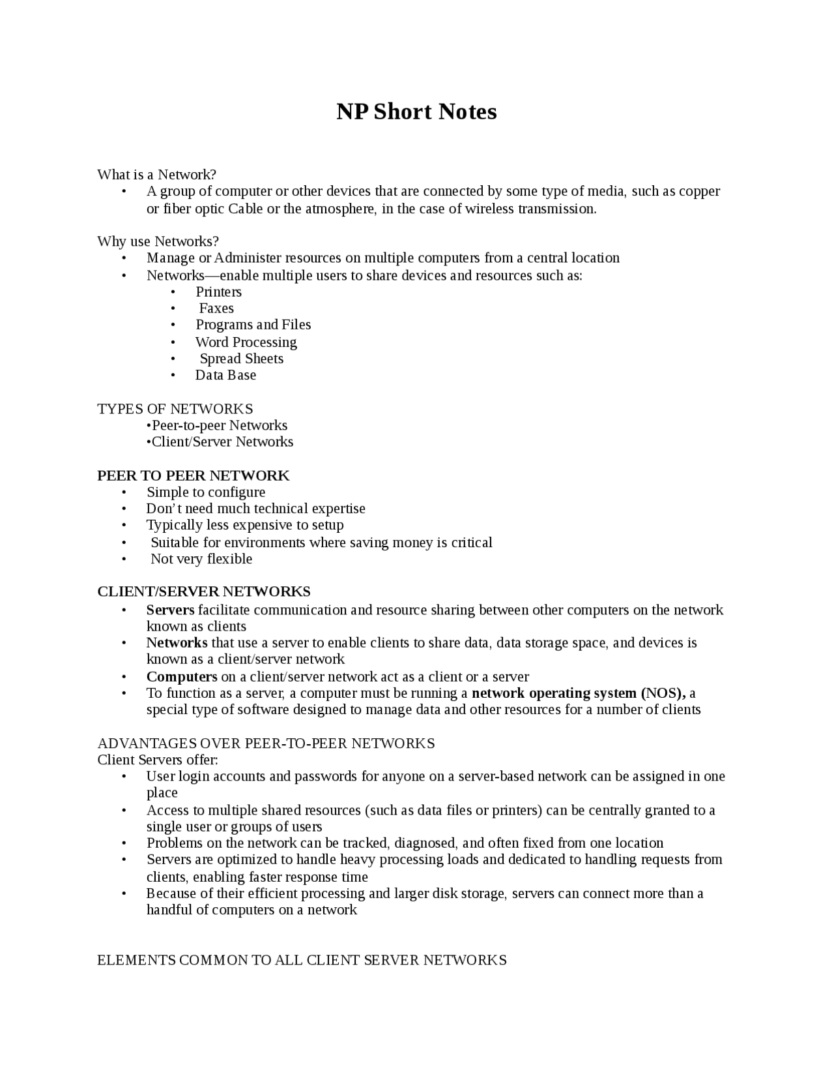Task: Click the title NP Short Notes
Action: pyautogui.click(x=416, y=112)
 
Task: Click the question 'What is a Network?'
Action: pyautogui.click(x=156, y=174)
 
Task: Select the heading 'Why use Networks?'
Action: pyautogui.click(x=158, y=241)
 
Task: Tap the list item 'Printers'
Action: pyautogui.click(x=218, y=292)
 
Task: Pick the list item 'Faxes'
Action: pyautogui.click(x=216, y=308)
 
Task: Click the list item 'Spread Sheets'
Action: pyautogui.click(x=241, y=359)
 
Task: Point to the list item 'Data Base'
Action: pyautogui.click(x=225, y=375)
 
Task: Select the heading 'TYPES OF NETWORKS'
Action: pyautogui.click(x=175, y=409)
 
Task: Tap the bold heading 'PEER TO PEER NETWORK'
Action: pyautogui.click(x=193, y=475)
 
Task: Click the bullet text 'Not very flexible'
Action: pyautogui.click(x=201, y=559)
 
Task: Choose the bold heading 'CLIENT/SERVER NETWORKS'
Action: pyautogui.click(x=203, y=592)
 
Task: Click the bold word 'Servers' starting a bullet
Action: pyautogui.click(x=170, y=610)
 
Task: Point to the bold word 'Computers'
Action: pyautogui.click(x=182, y=676)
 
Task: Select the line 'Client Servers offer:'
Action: pyautogui.click(x=157, y=760)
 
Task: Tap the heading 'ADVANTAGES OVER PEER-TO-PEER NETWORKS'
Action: pyautogui.click(x=266, y=743)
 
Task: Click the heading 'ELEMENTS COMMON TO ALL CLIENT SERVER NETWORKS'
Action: pyautogui.click(x=302, y=960)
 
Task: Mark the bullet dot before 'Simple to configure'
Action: pyautogui.click(x=124, y=492)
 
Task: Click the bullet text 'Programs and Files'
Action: pyautogui.click(x=253, y=325)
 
